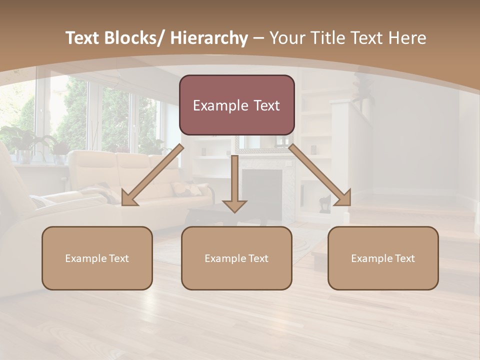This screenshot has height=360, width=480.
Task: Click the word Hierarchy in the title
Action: click(x=208, y=38)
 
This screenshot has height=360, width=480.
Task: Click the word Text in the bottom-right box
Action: click(x=404, y=258)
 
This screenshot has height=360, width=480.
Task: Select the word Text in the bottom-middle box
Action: click(x=258, y=258)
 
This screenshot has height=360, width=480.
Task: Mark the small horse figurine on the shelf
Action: click(x=324, y=203)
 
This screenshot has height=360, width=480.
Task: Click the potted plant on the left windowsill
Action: click(x=20, y=142)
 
